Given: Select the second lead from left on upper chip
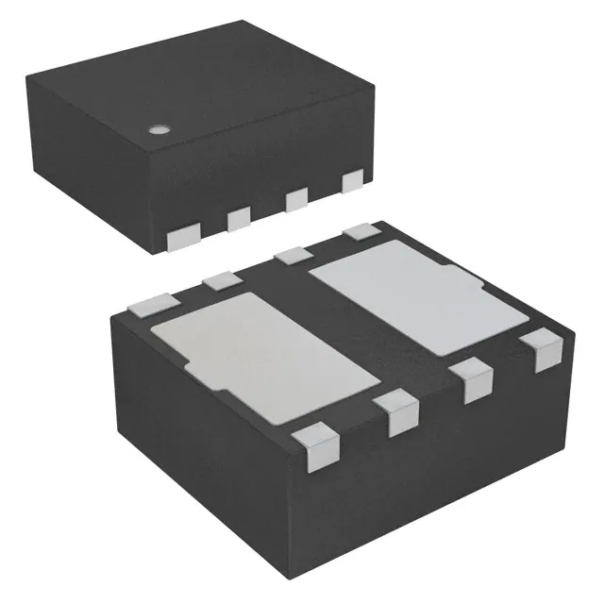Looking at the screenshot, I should [237, 218].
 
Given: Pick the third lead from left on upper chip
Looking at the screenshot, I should [296, 198].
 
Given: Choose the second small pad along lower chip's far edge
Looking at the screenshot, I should [224, 278].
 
